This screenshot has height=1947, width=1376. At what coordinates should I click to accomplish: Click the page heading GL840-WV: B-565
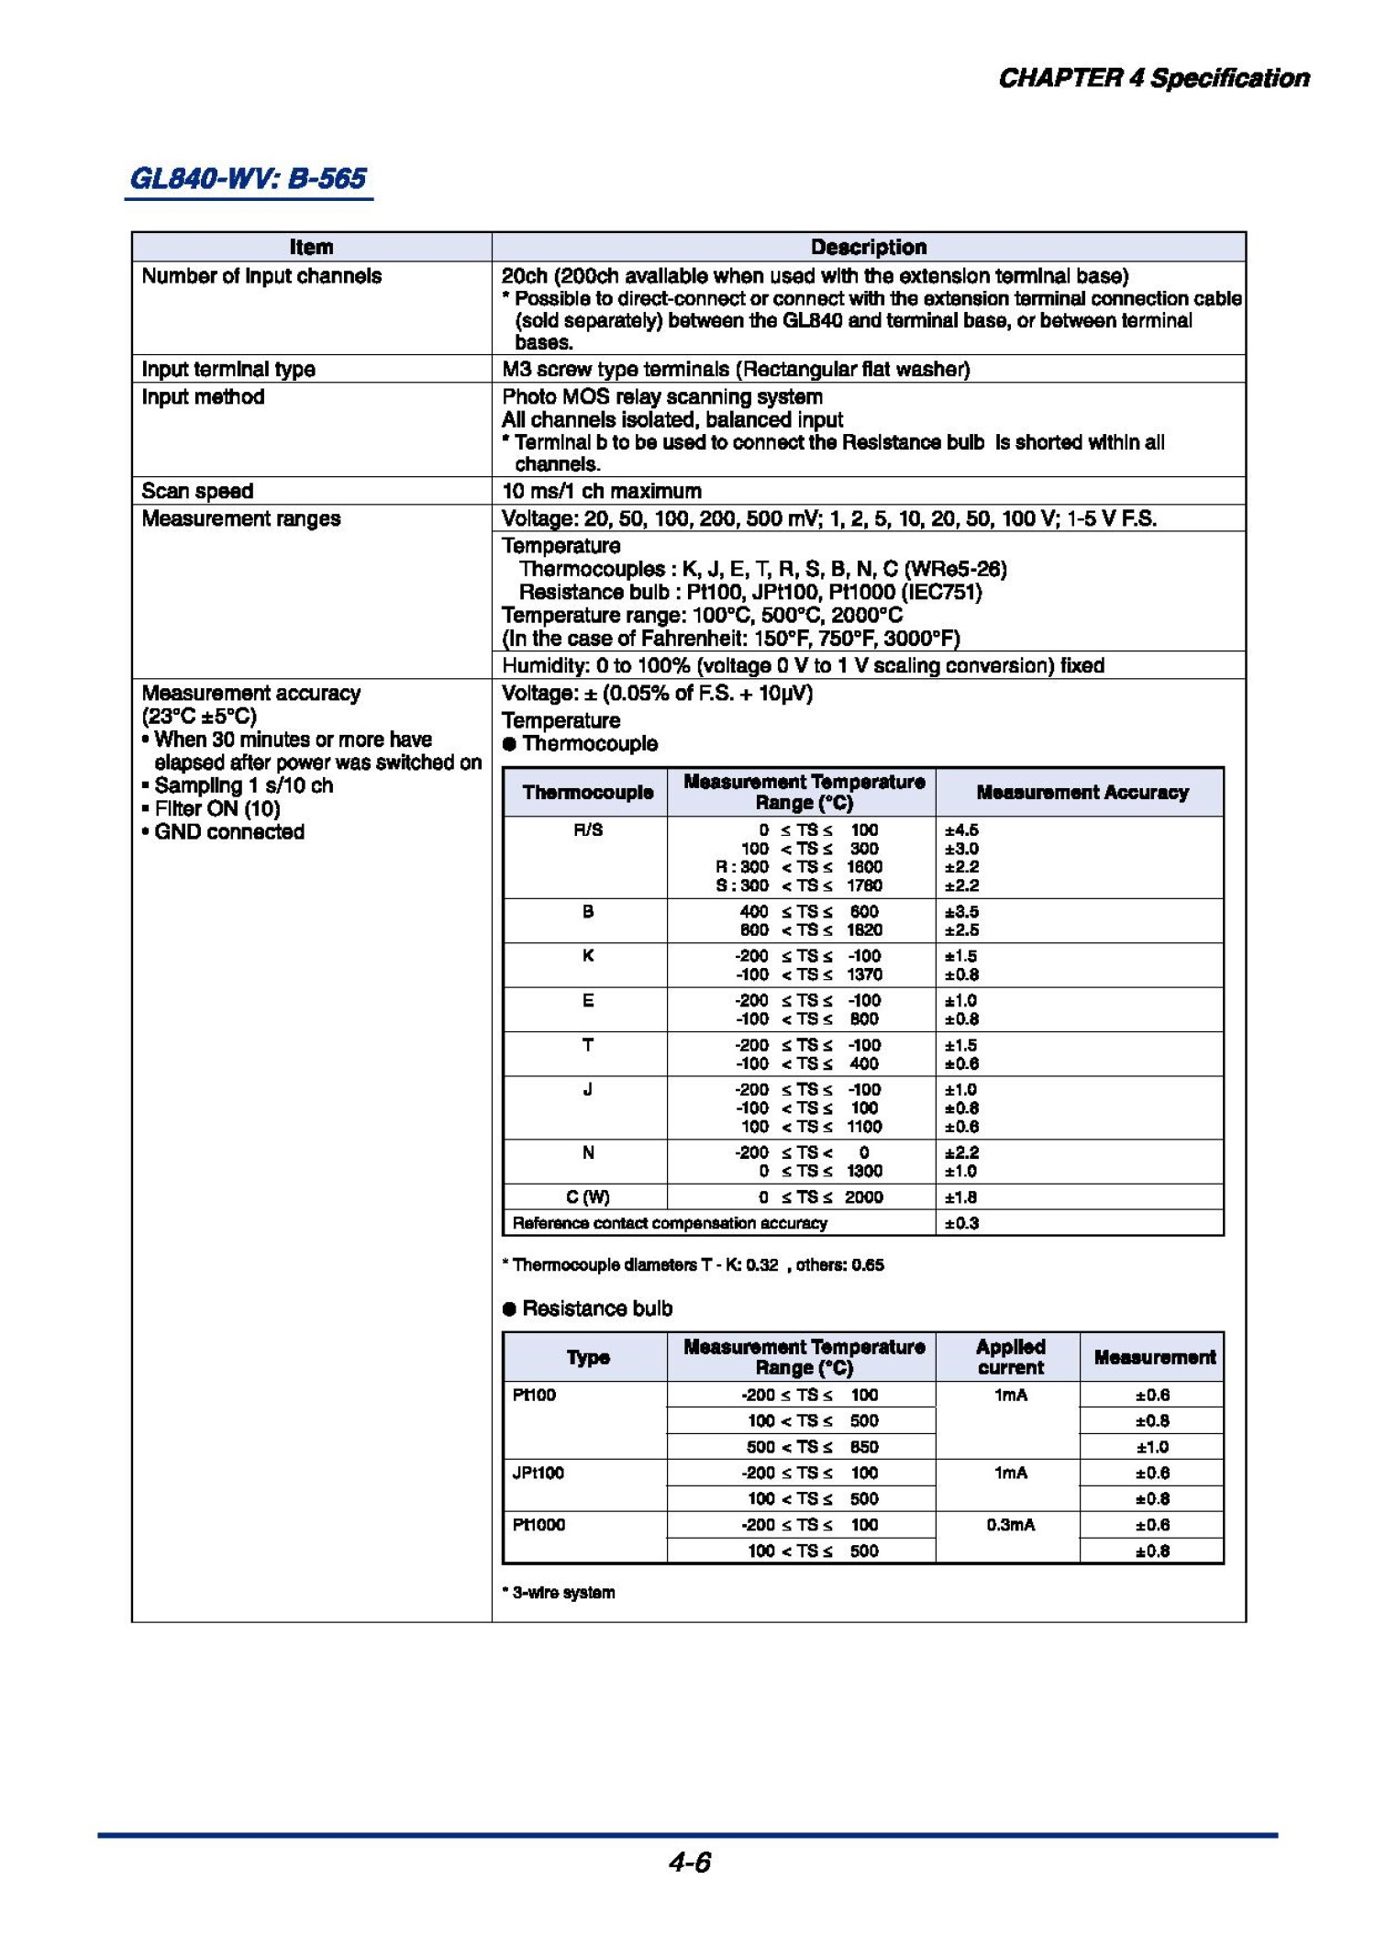(249, 178)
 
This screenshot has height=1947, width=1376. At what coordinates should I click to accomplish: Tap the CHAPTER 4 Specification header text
(1153, 78)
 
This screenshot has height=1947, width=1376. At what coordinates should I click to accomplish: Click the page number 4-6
(689, 1862)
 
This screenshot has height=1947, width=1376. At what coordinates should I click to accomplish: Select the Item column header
(311, 247)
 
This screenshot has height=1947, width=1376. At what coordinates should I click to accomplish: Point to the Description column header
(868, 247)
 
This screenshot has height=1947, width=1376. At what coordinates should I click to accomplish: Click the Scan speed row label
(197, 491)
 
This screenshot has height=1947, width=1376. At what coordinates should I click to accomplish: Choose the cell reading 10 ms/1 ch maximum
(601, 491)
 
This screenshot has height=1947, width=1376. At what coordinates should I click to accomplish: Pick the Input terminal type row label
(228, 369)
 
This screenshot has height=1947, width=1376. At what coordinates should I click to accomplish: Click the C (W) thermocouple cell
(587, 1196)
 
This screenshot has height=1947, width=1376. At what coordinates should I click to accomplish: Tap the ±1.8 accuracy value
(961, 1196)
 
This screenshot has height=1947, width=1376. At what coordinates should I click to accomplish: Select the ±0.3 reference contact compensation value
(961, 1223)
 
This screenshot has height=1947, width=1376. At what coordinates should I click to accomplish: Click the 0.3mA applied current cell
(1010, 1525)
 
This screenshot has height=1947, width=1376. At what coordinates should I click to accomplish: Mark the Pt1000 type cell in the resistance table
(538, 1525)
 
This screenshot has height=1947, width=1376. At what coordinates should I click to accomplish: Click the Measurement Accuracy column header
(1082, 792)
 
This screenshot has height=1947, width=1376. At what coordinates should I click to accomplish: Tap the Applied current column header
(1010, 1357)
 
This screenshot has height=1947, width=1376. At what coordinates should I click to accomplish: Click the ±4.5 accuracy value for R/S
(961, 830)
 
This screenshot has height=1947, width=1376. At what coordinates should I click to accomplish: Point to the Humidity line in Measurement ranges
(803, 665)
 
